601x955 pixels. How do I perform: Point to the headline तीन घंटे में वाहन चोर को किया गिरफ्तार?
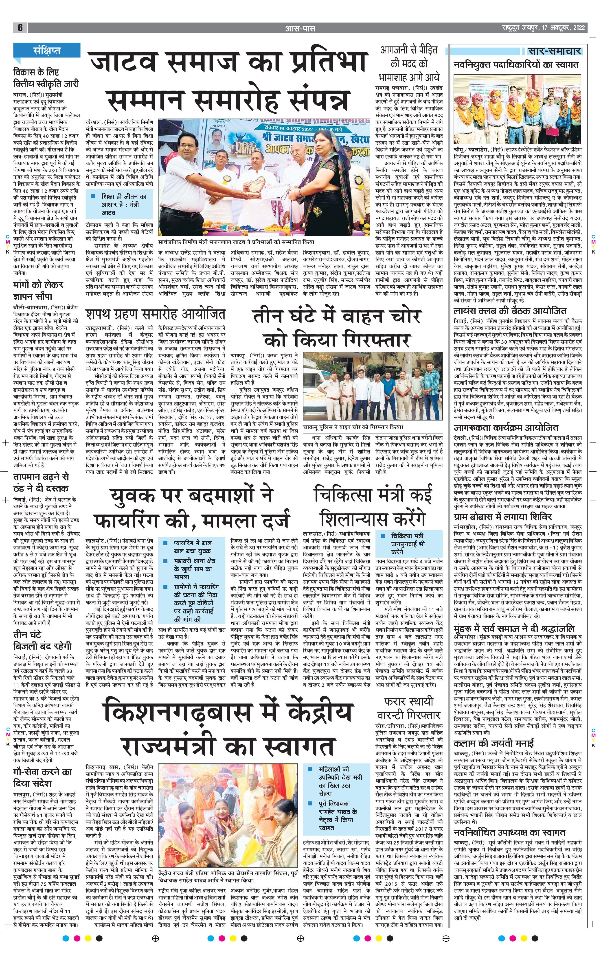336,328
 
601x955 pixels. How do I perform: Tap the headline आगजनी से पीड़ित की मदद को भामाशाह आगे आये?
409,64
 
